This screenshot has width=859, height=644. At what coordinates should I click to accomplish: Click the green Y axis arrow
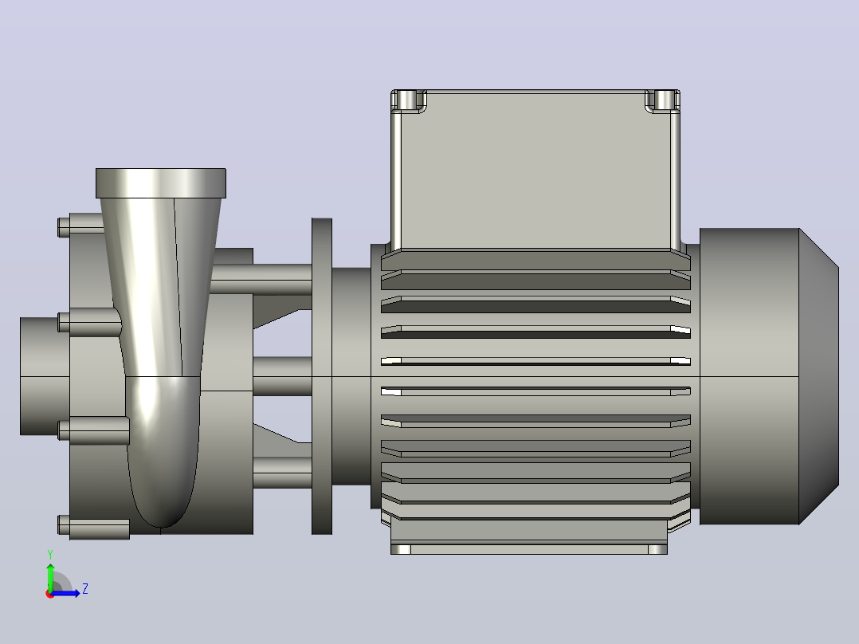(50, 576)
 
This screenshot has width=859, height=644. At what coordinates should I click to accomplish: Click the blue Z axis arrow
(65, 593)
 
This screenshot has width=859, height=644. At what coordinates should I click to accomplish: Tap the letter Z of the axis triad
(85, 589)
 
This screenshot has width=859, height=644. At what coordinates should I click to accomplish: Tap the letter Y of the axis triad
(50, 555)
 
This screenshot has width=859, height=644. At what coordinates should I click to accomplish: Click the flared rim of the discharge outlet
(161, 183)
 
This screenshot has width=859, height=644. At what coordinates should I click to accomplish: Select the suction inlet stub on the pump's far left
(45, 376)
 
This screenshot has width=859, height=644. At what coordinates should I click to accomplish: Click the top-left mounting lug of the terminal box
(409, 101)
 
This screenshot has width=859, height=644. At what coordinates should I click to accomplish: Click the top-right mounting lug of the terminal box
(662, 101)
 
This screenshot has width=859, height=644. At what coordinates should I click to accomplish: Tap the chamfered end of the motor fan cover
(819, 376)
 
